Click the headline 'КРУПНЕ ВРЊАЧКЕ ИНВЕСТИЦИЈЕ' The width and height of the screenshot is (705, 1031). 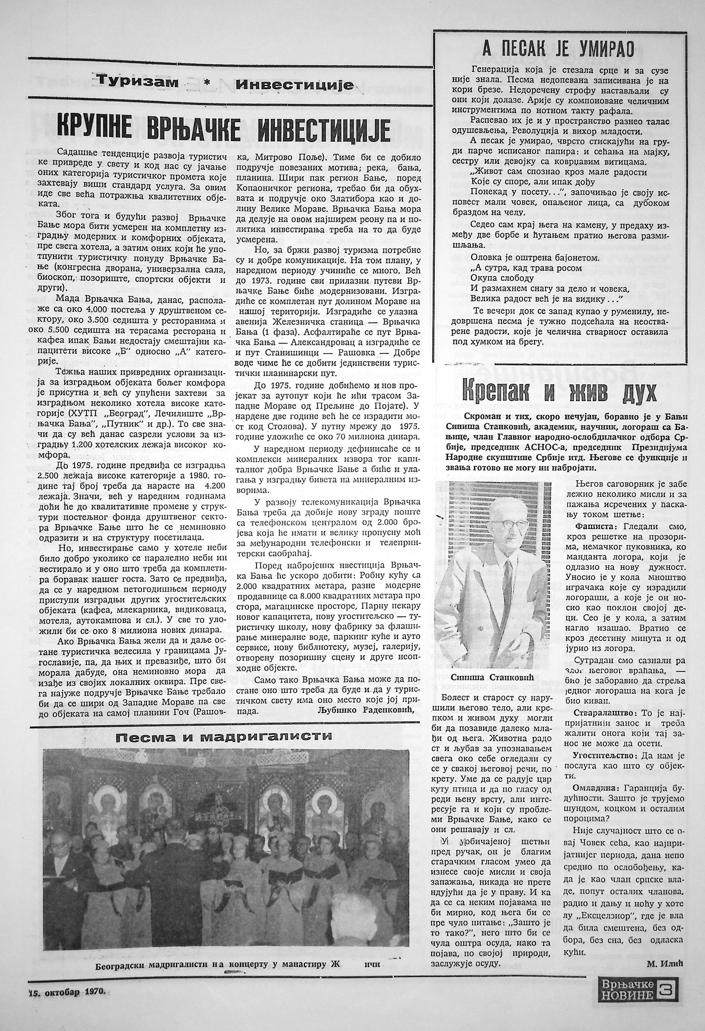click(224, 126)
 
